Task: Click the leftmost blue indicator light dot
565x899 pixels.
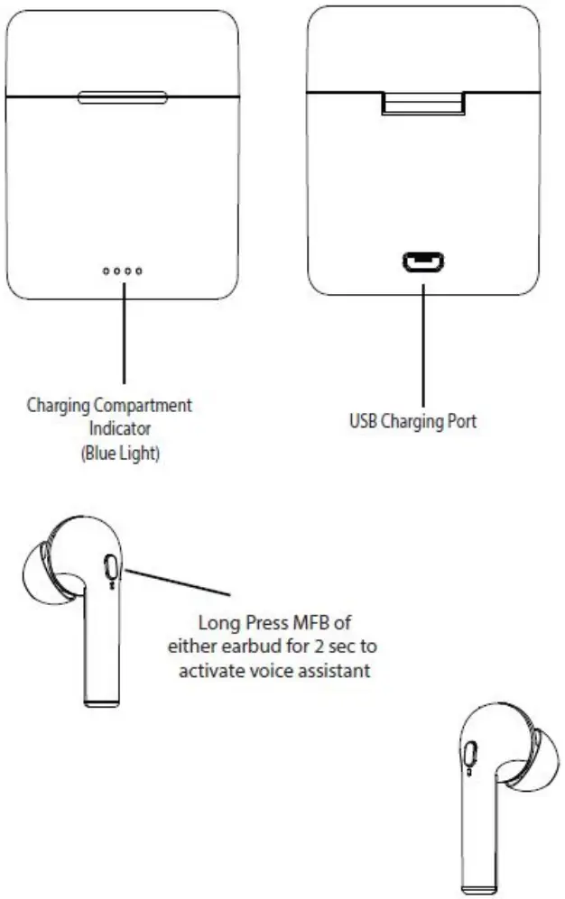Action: pyautogui.click(x=107, y=271)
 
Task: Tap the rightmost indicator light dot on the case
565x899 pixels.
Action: pyautogui.click(x=139, y=271)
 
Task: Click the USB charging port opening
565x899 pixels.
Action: pyautogui.click(x=422, y=263)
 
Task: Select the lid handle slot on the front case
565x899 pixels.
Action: pyautogui.click(x=122, y=96)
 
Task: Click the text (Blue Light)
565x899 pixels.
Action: pyautogui.click(x=121, y=453)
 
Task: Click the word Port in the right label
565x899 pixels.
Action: pyautogui.click(x=459, y=421)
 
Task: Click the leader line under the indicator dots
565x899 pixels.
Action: pyautogui.click(x=123, y=343)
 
